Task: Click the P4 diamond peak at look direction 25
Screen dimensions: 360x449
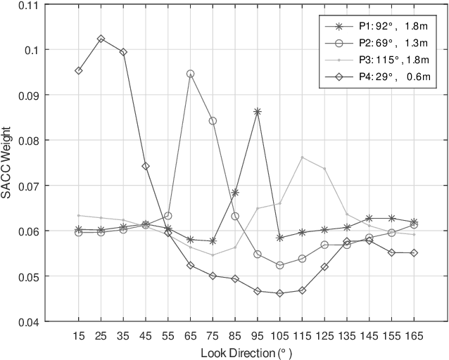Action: pos(101,39)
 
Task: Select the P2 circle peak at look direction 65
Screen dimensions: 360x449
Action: pos(190,73)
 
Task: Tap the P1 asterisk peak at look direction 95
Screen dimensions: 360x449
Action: pos(258,111)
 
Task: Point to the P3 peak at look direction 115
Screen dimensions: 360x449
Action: pos(302,157)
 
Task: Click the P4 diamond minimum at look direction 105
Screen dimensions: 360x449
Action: pos(279,293)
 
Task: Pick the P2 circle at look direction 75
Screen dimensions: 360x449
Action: pos(213,121)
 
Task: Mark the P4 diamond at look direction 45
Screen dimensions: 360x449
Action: pos(146,167)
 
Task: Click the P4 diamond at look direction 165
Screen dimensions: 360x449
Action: pos(414,252)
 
